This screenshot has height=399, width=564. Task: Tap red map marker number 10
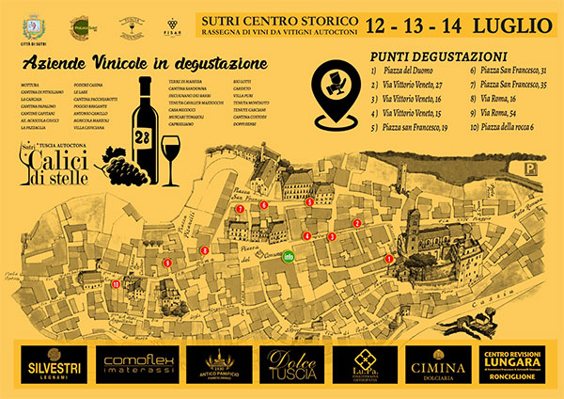(115, 282)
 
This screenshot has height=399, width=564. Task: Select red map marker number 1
(389, 258)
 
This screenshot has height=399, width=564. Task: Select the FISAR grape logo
(171, 24)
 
